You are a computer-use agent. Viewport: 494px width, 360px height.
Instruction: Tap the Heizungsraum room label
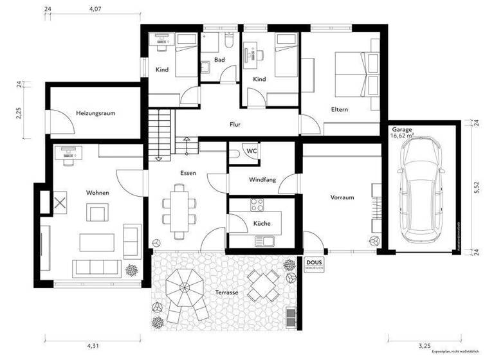[x=95, y=113]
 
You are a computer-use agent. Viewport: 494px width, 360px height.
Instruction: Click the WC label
[x=252, y=151]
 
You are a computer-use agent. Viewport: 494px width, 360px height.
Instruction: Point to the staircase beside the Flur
[x=161, y=134]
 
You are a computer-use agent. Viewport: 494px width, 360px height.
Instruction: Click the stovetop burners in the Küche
[x=257, y=206]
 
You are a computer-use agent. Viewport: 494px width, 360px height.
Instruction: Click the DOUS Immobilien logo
[x=314, y=265]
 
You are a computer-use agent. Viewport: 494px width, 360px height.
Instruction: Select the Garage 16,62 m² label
[x=403, y=133]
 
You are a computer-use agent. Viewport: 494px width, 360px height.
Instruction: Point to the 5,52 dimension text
[x=477, y=187]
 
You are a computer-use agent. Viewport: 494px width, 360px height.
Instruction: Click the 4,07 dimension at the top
[x=95, y=10]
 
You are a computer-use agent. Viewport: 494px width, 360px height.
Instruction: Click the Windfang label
[x=262, y=180]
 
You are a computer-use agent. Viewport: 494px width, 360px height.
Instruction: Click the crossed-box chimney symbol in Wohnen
[x=60, y=203]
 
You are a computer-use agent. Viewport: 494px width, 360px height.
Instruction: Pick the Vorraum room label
[x=343, y=197]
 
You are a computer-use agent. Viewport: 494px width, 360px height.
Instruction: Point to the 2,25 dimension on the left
[x=19, y=113]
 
